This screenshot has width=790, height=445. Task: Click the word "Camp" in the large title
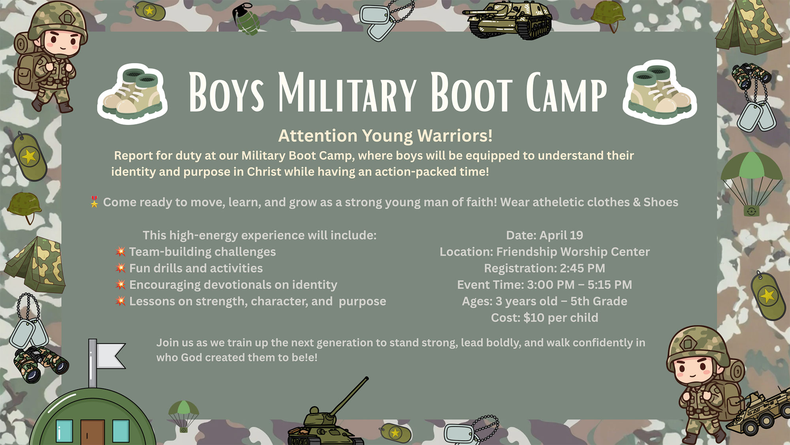click(566, 92)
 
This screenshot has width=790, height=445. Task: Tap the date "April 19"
click(561, 235)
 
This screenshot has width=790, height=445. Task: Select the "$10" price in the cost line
click(534, 317)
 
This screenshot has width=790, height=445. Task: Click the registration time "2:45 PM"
click(583, 268)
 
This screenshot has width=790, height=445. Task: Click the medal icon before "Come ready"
click(94, 202)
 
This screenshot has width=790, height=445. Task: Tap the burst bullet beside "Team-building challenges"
click(121, 251)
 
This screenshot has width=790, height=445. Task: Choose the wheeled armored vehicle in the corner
click(758, 411)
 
